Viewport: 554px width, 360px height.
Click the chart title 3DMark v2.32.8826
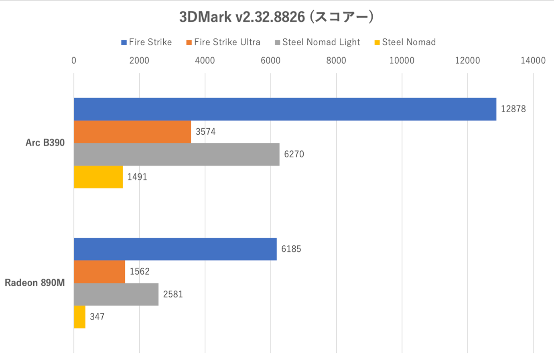pyautogui.click(x=276, y=17)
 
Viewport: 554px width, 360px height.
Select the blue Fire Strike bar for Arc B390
pyautogui.click(x=285, y=109)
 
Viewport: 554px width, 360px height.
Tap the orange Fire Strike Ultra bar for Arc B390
pyautogui.click(x=132, y=132)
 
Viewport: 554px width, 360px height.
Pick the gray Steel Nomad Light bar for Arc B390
pyautogui.click(x=177, y=154)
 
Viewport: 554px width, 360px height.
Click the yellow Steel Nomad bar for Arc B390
pyautogui.click(x=98, y=177)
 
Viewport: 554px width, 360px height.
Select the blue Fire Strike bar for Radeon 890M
pyautogui.click(x=175, y=249)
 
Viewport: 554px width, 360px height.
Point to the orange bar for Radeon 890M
pyautogui.click(x=99, y=272)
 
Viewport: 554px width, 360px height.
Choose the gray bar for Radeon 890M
pyautogui.click(x=116, y=294)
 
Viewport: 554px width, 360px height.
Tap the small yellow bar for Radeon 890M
pyautogui.click(x=80, y=317)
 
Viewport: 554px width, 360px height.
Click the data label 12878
pyautogui.click(x=513, y=109)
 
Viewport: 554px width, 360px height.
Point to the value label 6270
pyautogui.click(x=294, y=154)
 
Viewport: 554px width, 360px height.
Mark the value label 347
pyautogui.click(x=97, y=317)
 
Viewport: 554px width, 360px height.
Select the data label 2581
pyautogui.click(x=173, y=294)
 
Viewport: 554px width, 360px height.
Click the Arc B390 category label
pyautogui.click(x=45, y=143)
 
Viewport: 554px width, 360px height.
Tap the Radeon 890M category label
pyautogui.click(x=34, y=283)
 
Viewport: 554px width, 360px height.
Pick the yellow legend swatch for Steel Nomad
pyautogui.click(x=377, y=42)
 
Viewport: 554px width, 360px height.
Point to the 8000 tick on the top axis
pyautogui.click(x=336, y=61)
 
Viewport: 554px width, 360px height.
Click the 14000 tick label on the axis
pyautogui.click(x=533, y=61)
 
